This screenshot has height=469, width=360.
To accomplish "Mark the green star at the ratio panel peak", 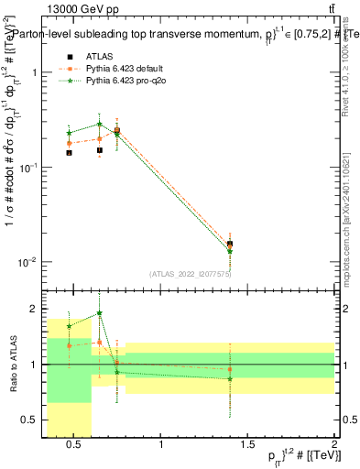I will [99, 312].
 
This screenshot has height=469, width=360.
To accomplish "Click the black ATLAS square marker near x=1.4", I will [230, 244].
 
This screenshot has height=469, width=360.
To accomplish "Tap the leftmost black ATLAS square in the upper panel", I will [70, 153].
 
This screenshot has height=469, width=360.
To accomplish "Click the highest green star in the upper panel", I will [99, 124].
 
